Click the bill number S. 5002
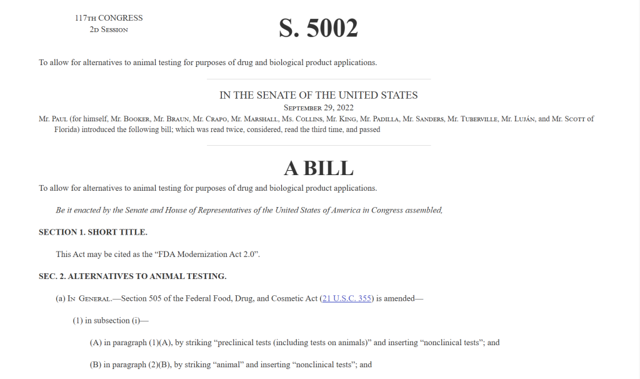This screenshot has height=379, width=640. click(318, 28)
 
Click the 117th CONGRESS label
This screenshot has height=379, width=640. click(109, 18)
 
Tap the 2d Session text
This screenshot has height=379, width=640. click(109, 29)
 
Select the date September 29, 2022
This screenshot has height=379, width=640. click(318, 108)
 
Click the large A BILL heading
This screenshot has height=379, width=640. click(318, 168)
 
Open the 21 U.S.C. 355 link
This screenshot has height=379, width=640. click(346, 298)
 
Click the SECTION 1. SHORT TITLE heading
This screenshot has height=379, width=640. click(93, 232)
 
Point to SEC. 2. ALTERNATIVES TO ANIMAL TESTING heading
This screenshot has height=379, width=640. click(132, 276)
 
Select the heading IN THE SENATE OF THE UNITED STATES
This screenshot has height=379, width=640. click(318, 95)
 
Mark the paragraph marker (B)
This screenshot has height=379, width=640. click(96, 364)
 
